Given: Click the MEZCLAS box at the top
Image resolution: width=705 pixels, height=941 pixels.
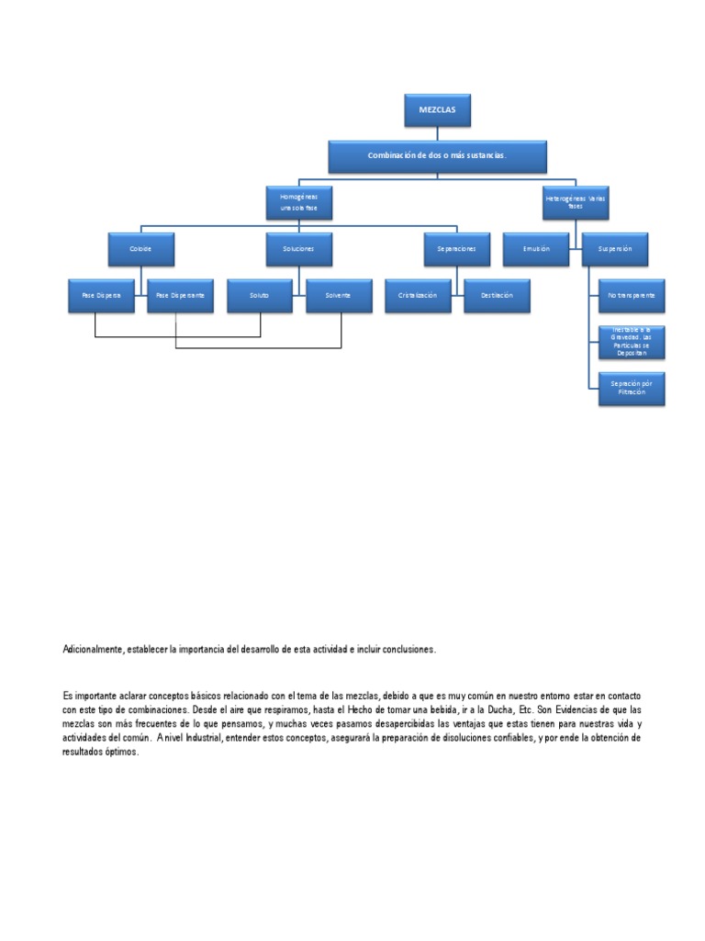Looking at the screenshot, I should pyautogui.click(x=437, y=109).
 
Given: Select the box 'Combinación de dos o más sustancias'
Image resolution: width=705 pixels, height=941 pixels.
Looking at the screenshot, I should pyautogui.click(x=437, y=156).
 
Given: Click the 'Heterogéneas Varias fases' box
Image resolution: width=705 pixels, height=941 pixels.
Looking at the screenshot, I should pyautogui.click(x=576, y=202).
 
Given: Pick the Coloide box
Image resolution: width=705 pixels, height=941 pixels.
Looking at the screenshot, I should pyautogui.click(x=141, y=249).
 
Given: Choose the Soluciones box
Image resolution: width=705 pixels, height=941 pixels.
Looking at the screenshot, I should pyautogui.click(x=298, y=249).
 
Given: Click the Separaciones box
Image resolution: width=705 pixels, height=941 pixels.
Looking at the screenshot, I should pyautogui.click(x=456, y=249).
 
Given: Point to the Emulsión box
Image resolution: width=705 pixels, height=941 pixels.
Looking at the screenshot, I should pyautogui.click(x=536, y=249).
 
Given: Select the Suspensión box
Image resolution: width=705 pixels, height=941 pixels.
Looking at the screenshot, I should pyautogui.click(x=615, y=249).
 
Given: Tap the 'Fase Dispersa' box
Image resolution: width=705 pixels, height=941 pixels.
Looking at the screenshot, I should pyautogui.click(x=102, y=295).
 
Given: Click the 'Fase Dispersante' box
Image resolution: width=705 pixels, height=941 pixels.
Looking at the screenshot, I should pyautogui.click(x=180, y=295).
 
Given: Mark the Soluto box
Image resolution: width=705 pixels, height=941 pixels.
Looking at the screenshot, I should pyautogui.click(x=259, y=295).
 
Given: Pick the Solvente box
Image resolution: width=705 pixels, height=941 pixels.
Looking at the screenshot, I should pyautogui.click(x=338, y=295).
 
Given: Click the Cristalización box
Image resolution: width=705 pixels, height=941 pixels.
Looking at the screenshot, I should pyautogui.click(x=417, y=295).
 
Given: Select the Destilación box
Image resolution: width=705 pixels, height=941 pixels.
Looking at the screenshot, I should pyautogui.click(x=496, y=295).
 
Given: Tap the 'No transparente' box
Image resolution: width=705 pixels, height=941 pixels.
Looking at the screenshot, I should pyautogui.click(x=631, y=296).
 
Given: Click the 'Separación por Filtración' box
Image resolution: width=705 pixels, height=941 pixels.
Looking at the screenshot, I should pyautogui.click(x=631, y=388).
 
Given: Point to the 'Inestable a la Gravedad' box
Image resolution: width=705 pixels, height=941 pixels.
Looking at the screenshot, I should pyautogui.click(x=631, y=341).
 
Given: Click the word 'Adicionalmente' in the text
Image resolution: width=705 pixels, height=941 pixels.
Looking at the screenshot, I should pyautogui.click(x=91, y=650).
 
